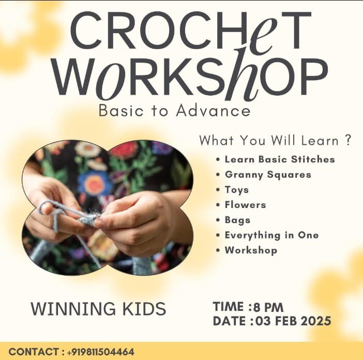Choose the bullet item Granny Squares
(268, 174)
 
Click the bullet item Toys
(236, 189)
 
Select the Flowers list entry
(245, 205)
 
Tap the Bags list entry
(237, 220)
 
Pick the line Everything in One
(271, 235)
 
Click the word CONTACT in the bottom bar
(33, 352)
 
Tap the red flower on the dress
(124, 149)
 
